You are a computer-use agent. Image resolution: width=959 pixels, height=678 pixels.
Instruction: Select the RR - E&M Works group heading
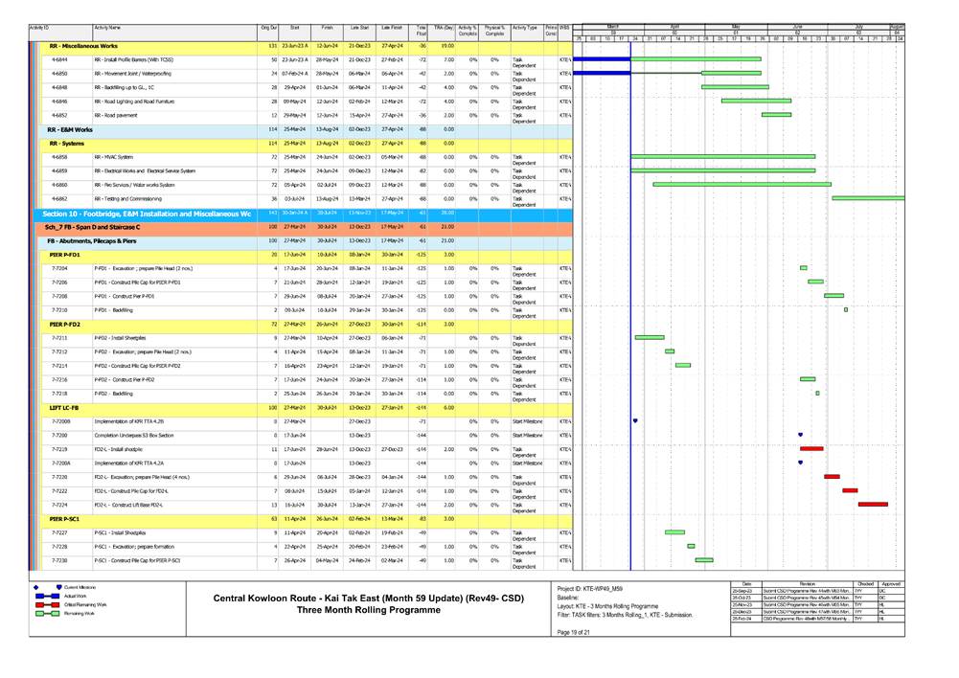(71, 129)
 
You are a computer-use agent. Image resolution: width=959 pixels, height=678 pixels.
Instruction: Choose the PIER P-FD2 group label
(65, 325)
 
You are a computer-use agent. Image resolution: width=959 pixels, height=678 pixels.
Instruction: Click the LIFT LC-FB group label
(63, 408)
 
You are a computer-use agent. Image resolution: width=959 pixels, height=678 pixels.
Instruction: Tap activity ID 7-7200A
(60, 463)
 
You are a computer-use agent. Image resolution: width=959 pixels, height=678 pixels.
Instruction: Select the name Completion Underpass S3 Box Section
(132, 435)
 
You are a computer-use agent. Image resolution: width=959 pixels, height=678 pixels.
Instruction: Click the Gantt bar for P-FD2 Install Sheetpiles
(649, 338)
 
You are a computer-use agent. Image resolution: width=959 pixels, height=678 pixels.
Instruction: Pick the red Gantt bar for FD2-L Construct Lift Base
(872, 504)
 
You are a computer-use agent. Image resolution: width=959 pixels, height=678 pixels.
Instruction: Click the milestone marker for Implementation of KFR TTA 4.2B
(635, 420)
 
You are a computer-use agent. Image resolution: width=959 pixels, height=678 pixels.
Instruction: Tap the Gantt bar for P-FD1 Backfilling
(846, 310)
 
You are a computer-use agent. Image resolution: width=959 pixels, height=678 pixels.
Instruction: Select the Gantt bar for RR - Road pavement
(776, 115)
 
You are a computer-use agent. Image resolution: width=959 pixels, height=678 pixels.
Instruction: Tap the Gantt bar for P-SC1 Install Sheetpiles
(674, 532)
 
